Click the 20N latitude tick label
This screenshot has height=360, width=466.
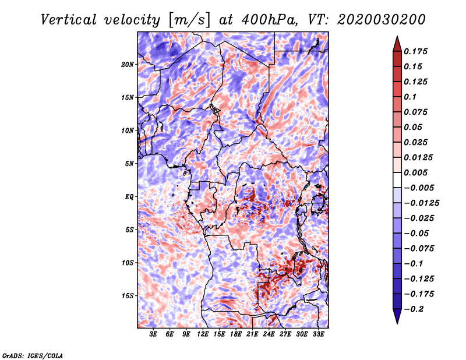[128, 64]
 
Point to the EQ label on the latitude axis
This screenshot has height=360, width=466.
[129, 196]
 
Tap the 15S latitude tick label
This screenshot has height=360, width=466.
[128, 295]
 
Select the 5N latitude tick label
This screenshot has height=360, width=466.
[129, 163]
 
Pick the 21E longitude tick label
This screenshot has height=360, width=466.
[252, 334]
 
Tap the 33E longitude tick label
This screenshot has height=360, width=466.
[319, 334]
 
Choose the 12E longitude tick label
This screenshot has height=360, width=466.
[203, 334]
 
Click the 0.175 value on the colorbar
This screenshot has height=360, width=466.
[418, 51]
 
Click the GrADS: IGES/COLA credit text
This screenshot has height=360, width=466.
[32, 355]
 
